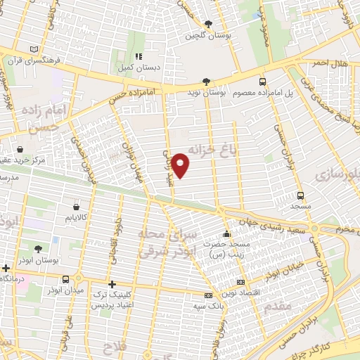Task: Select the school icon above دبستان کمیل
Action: [139, 56]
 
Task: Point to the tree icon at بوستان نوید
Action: [205, 81]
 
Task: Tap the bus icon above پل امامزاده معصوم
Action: [262, 81]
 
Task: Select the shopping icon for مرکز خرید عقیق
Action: [20, 149]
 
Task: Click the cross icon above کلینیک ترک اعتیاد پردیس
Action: [112, 284]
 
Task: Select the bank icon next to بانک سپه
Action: [207, 295]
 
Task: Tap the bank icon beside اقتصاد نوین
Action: [241, 282]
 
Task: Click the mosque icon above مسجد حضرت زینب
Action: [226, 234]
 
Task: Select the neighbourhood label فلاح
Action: [112, 347]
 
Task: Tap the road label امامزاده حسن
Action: [129, 96]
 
